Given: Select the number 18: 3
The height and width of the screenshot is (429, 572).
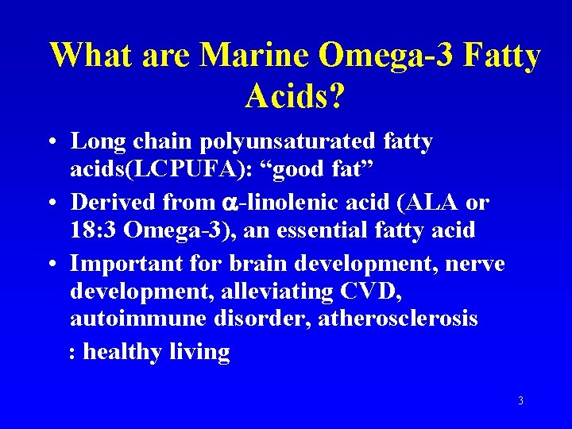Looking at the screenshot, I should pyautogui.click(x=92, y=231).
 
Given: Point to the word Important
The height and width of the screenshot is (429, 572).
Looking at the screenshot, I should pyautogui.click(x=120, y=263).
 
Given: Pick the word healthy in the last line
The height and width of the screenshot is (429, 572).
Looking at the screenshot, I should pyautogui.click(x=123, y=351).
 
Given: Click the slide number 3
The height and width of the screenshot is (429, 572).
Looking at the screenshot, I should pyautogui.click(x=520, y=401).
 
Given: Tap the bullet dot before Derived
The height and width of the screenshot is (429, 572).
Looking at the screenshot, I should pyautogui.click(x=50, y=203).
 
